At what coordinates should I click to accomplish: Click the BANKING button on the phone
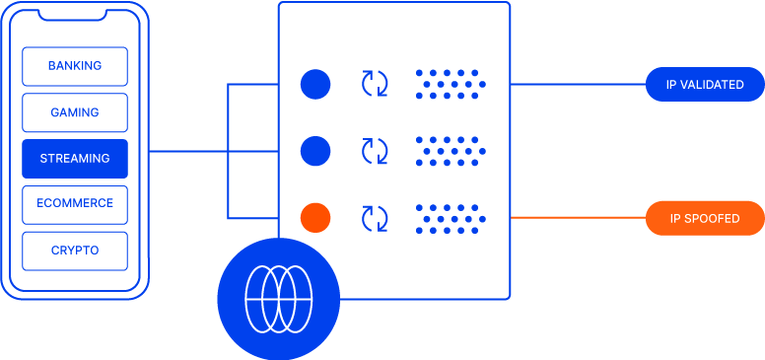pos(75,66)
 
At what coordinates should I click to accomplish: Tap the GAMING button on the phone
pos(75,112)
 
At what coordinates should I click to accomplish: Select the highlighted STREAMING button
pos(75,158)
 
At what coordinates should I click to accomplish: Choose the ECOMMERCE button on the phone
pos(75,203)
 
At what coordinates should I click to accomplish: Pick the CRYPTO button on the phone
pos(75,251)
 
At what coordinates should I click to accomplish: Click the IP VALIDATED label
pos(705,85)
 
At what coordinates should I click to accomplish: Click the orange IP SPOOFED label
pos(705,218)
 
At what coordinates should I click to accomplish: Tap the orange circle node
pos(315,218)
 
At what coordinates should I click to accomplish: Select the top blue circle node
pos(315,85)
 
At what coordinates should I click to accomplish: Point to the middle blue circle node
pos(315,151)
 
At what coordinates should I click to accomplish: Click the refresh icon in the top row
pos(375,85)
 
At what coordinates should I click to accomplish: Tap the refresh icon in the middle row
pos(375,151)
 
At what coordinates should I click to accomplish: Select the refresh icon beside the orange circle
pos(375,218)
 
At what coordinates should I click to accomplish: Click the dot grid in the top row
pos(451,85)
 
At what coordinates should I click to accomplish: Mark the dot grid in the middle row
pos(451,151)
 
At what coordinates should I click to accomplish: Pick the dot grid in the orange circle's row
pos(451,218)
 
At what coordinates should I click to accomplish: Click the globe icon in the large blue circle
pos(278,298)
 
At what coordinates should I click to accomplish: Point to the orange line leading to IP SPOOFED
pos(578,218)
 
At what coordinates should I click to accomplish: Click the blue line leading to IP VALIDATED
pos(578,85)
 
